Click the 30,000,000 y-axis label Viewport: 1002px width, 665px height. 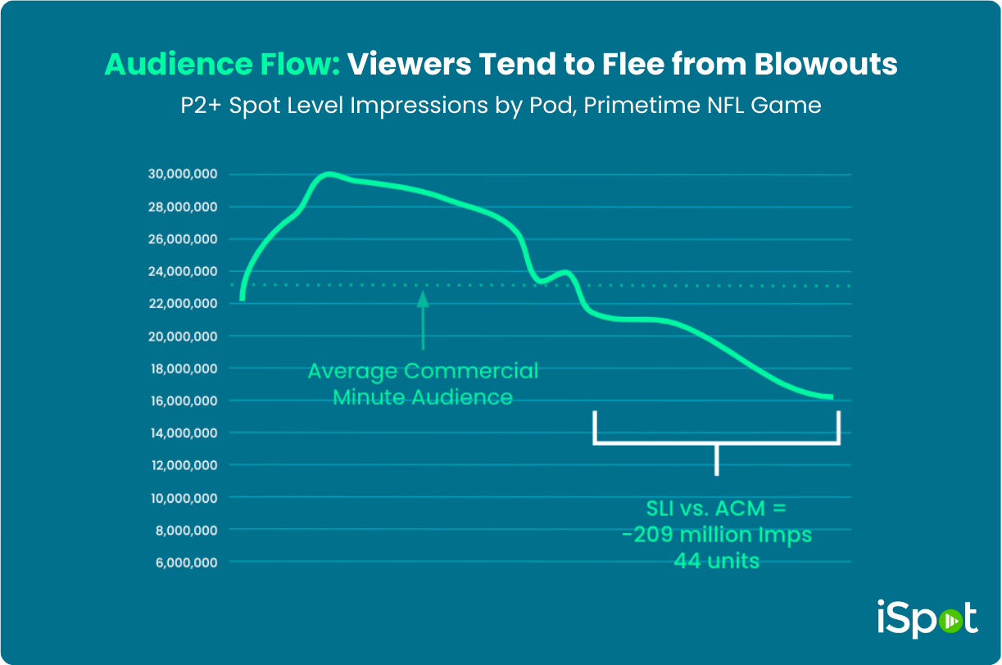(183, 174)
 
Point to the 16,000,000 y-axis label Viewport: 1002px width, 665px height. (183, 400)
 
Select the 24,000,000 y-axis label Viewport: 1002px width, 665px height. (183, 271)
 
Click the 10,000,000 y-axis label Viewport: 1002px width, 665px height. (183, 498)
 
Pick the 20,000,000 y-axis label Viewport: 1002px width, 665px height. (183, 336)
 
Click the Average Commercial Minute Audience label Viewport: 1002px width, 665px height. (423, 384)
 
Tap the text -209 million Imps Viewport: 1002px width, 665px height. (717, 536)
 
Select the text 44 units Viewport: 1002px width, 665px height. (717, 562)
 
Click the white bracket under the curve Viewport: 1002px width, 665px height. (717, 443)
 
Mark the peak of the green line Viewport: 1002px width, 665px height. (329, 174)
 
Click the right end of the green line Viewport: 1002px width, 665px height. (831, 397)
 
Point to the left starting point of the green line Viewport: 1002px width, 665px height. (243, 300)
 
